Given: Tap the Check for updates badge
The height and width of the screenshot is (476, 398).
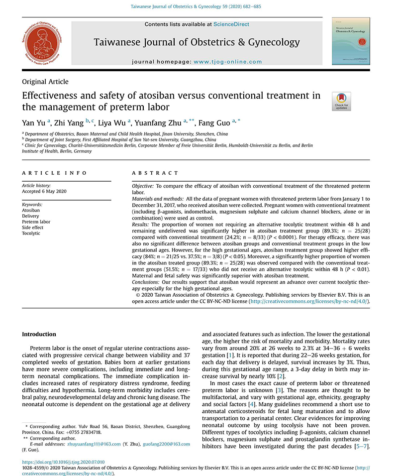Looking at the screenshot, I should tap(341, 101).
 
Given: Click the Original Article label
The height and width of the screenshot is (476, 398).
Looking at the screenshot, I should tap(45, 82).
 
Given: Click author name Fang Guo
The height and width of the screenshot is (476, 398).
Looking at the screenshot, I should tap(214, 123).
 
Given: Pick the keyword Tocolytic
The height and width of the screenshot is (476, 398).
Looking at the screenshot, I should tap(32, 234).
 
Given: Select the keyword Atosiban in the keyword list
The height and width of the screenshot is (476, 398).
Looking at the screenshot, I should tap(31, 211).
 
